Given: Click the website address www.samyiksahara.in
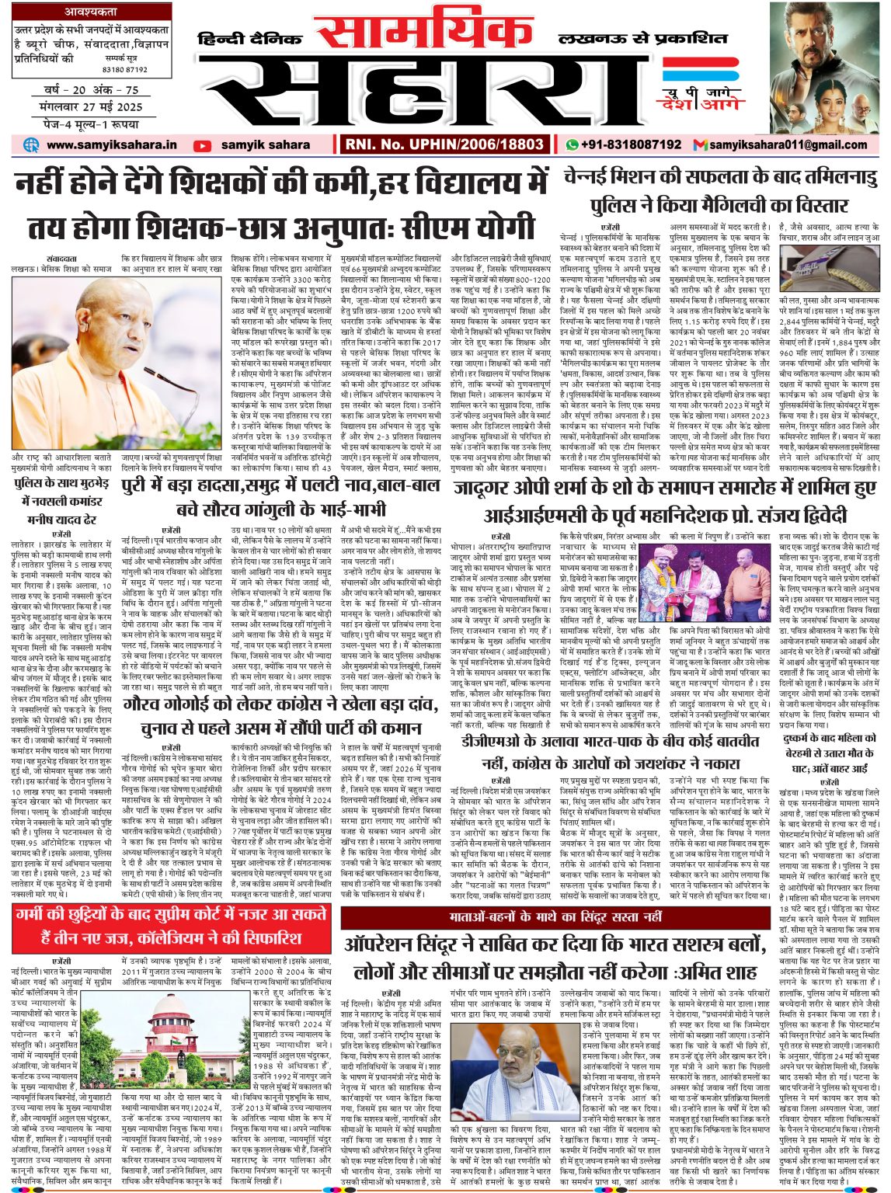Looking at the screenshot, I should [111, 144].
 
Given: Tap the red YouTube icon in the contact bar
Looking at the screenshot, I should [202, 145].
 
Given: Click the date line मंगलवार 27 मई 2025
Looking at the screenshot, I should [92, 107].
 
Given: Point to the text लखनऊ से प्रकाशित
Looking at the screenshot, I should [643, 38].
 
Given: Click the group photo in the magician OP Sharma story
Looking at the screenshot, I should [680, 577].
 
